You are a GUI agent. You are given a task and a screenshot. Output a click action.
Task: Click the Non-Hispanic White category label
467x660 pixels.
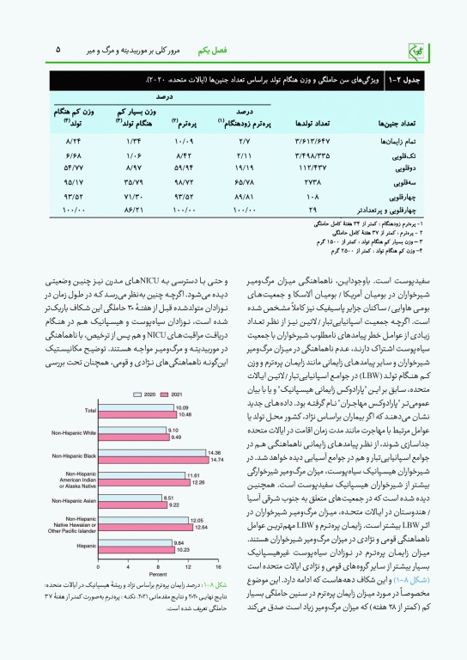tap(73, 432)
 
